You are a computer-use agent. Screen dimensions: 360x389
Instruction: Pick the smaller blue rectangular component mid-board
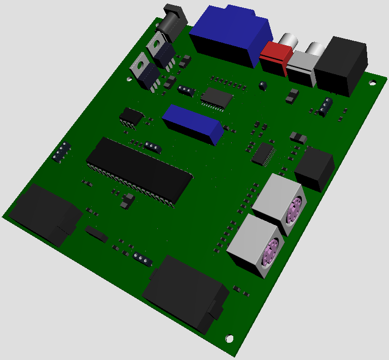tap(193, 123)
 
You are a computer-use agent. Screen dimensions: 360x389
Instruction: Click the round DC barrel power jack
tap(172, 23)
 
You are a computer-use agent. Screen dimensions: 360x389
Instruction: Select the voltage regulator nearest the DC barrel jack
tap(161, 50)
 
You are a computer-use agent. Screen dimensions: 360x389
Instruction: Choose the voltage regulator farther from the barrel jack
tap(146, 71)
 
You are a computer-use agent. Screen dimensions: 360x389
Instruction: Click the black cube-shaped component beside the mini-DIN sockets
tap(314, 168)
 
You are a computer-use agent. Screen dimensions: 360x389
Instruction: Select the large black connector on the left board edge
tap(46, 214)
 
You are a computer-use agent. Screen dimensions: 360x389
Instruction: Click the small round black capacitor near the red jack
tap(262, 85)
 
